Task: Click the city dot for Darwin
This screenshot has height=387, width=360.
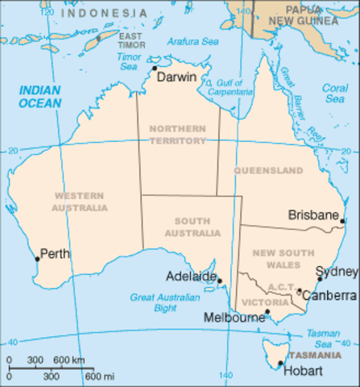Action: [155, 69]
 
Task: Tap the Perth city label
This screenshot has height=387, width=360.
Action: [55, 254]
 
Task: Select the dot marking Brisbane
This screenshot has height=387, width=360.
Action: [342, 220]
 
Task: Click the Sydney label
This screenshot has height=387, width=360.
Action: [330, 271]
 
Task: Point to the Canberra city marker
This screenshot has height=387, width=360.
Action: [300, 291]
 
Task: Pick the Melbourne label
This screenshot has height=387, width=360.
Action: [235, 318]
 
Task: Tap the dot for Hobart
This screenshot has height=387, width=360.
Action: [280, 363]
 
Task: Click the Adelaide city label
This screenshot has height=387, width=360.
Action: [190, 277]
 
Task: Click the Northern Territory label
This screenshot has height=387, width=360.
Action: [177, 135]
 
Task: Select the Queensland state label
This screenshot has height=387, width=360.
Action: [269, 170]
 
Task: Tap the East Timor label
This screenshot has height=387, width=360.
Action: [132, 40]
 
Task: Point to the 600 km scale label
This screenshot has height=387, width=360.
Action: [67, 360]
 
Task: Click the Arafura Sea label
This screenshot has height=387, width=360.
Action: [193, 42]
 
